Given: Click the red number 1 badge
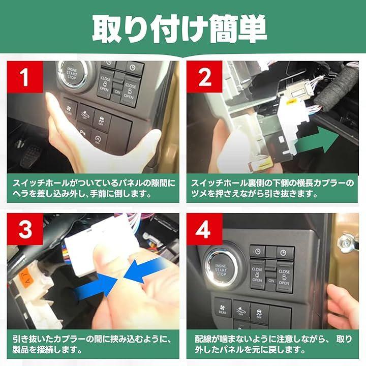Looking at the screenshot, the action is pos(25,77).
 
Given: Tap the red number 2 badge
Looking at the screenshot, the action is pos(204,77).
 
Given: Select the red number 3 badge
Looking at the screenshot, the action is pos(25,229).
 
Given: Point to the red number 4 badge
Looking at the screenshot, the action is pos(204,229).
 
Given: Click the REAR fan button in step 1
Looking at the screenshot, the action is pos(69,110).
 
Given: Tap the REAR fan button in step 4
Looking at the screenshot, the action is pos(223,308).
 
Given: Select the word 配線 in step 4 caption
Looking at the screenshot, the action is pos(203,339).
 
